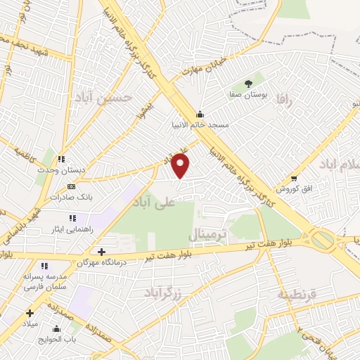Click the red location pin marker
point(181,166)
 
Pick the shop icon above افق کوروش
point(293,178)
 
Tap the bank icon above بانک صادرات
point(70,186)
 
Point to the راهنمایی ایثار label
point(63,229)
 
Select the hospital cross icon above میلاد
point(30,314)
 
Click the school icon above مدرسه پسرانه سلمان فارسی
point(44,266)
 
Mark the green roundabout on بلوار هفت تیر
point(323,240)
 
